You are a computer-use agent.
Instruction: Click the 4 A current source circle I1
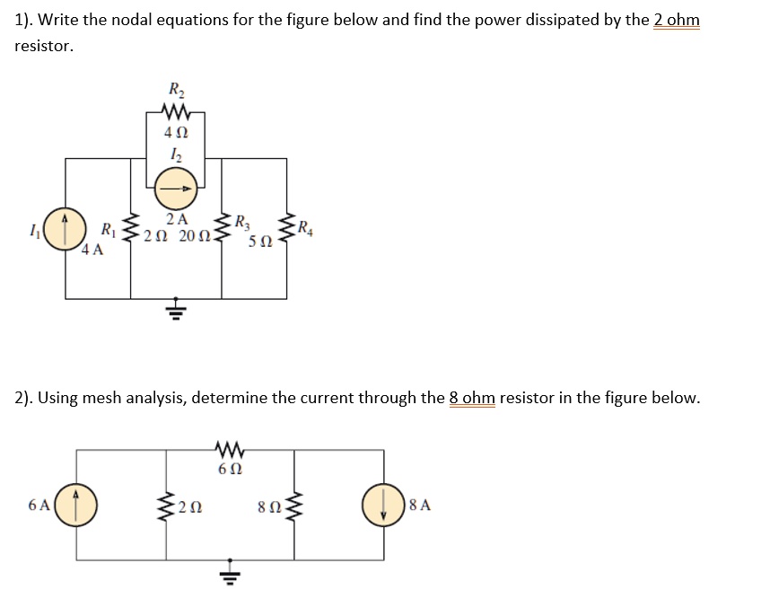[65, 229]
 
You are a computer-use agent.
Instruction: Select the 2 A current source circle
[176, 189]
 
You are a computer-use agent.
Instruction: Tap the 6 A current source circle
[76, 504]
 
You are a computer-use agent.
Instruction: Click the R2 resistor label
[175, 90]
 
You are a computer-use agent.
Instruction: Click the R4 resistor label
[307, 225]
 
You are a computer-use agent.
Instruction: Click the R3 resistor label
[245, 223]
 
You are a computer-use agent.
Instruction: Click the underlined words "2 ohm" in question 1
[675, 20]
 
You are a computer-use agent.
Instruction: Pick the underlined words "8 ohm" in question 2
[472, 398]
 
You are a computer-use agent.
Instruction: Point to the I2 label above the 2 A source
[175, 155]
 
